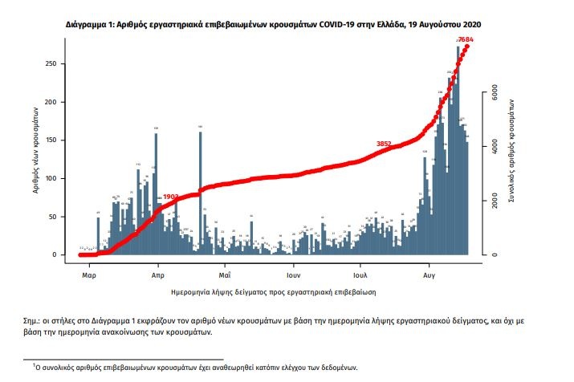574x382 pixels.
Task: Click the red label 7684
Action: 466,40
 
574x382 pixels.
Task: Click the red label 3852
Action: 384,144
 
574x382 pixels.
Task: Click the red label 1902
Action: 170,196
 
